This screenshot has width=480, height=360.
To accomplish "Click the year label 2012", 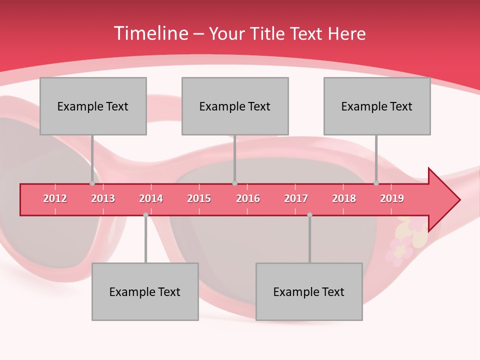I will click(55, 198).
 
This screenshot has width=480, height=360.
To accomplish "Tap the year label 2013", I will click(103, 198).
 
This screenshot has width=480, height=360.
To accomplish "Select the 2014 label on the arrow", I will click(151, 198).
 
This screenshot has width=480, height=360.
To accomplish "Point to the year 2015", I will click(199, 198).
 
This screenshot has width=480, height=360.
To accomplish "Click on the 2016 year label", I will click(248, 198).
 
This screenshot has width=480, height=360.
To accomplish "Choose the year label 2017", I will click(296, 198).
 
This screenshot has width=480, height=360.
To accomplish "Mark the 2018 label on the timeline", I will click(344, 198).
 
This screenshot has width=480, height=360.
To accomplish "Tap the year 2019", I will click(392, 198).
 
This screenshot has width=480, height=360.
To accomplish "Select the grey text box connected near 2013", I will click(93, 106).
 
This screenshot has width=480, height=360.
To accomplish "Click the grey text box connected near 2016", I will click(235, 106).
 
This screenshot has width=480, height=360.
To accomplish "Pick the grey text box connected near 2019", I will click(377, 106).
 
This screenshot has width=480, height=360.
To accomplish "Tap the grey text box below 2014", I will click(145, 291).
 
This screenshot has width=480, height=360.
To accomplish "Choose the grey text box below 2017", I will click(309, 291).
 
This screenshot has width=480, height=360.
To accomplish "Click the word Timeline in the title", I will click(149, 33).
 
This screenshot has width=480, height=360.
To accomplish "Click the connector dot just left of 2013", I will click(92, 183).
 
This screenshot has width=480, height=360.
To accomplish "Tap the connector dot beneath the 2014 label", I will click(145, 215).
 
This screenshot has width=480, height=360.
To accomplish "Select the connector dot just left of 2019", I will click(376, 183).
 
